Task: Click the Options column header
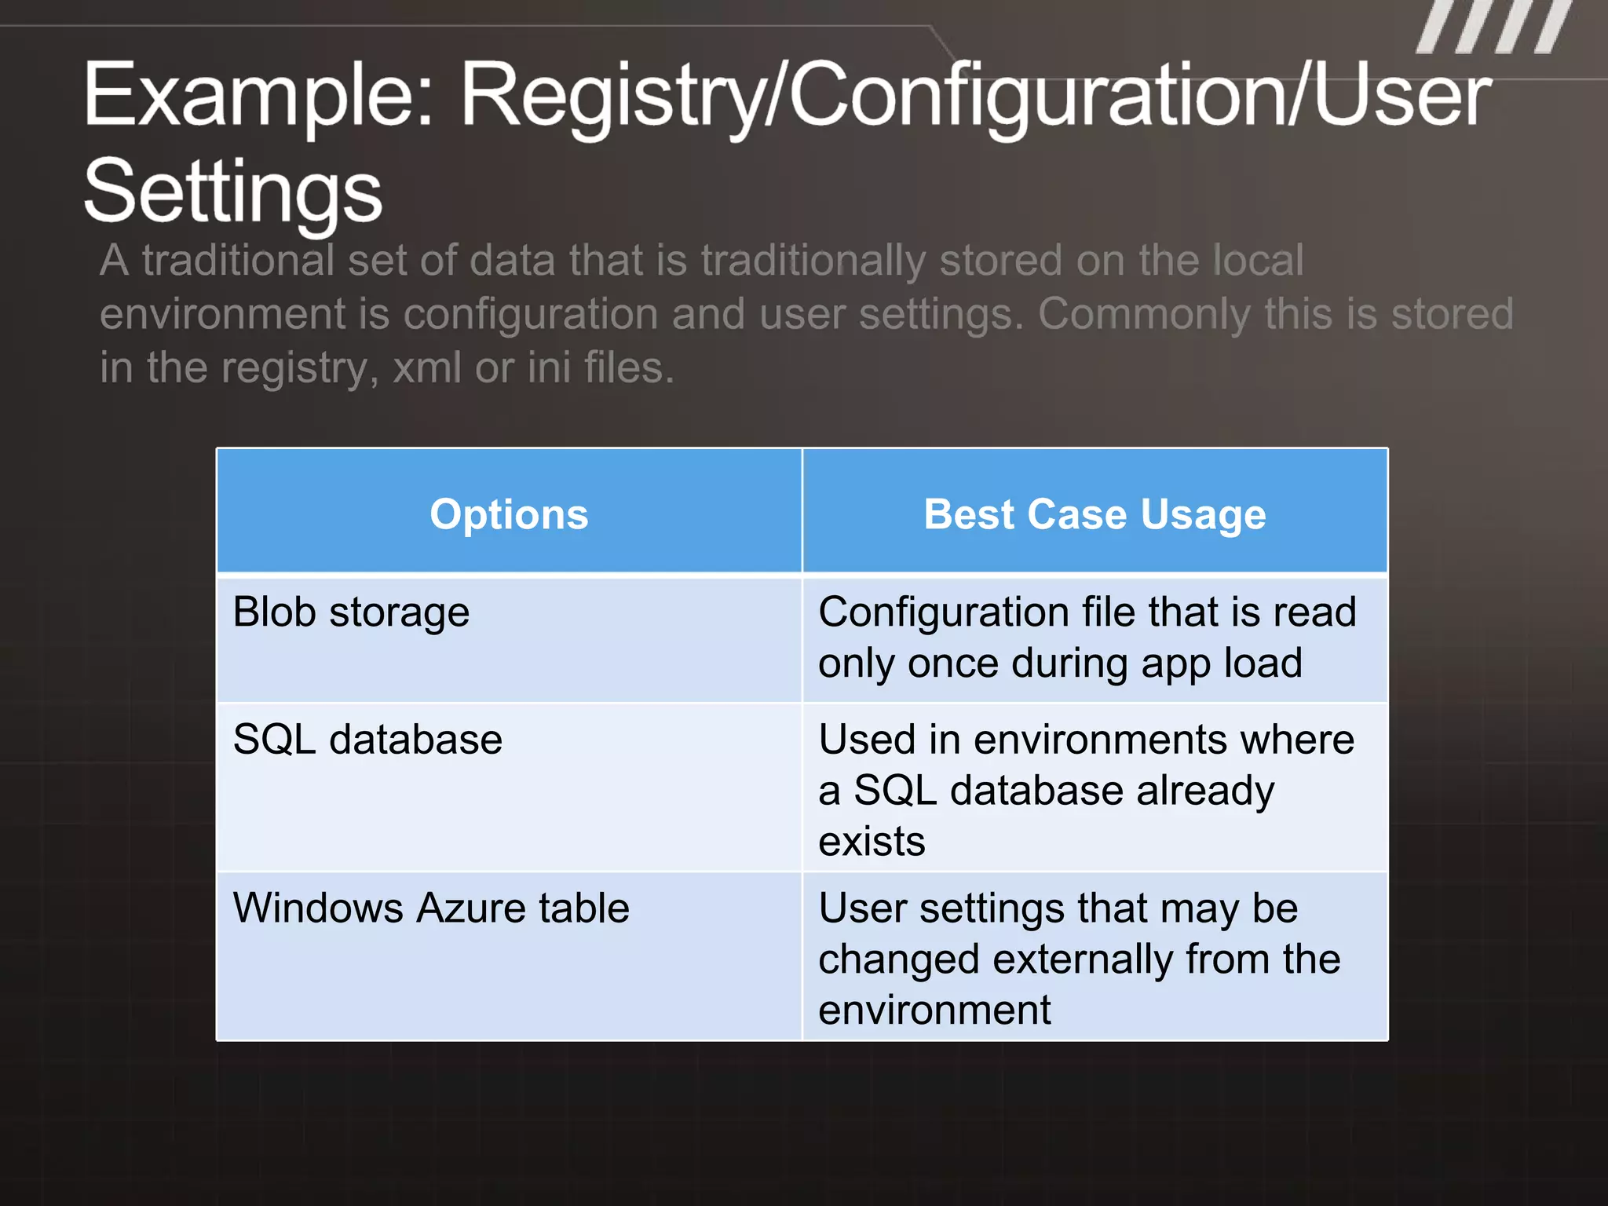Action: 509,515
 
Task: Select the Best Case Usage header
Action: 1095,515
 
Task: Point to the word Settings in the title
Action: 233,191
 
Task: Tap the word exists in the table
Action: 872,842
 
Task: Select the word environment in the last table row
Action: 934,1010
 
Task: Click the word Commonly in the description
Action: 1144,314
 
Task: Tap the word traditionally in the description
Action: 813,261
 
